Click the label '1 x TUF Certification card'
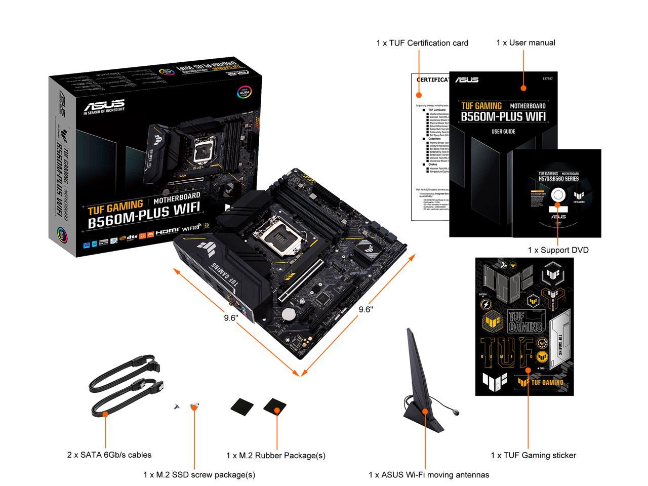(x=422, y=43)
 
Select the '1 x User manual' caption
(x=525, y=43)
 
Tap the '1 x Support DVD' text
(x=558, y=250)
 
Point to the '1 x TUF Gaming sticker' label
(x=533, y=455)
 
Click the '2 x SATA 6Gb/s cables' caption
(x=109, y=455)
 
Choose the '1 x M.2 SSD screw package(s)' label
(x=199, y=474)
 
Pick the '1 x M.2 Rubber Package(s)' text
(x=275, y=455)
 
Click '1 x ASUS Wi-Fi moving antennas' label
(x=428, y=474)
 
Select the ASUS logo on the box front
(x=104, y=106)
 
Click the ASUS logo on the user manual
(x=466, y=80)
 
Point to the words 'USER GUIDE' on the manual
(x=503, y=132)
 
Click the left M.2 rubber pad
(x=242, y=406)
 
